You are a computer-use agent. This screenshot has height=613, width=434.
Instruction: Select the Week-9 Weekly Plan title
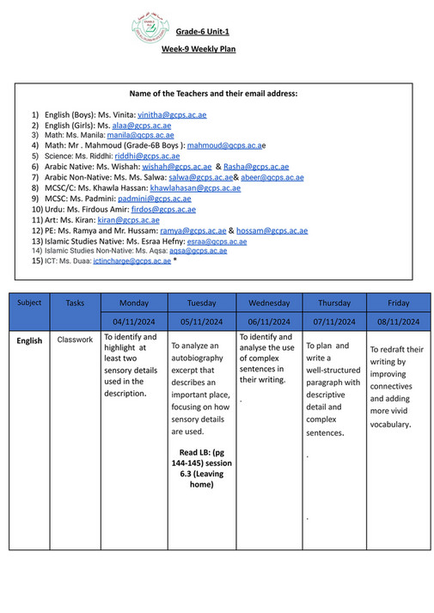[199, 49]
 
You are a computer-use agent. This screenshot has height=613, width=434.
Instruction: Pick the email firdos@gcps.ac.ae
[162, 209]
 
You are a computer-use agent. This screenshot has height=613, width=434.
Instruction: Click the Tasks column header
[75, 303]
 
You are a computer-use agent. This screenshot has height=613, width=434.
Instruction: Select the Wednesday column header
[269, 303]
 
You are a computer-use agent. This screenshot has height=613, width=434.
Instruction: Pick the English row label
[29, 340]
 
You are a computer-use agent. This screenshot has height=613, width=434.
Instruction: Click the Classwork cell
[75, 340]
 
